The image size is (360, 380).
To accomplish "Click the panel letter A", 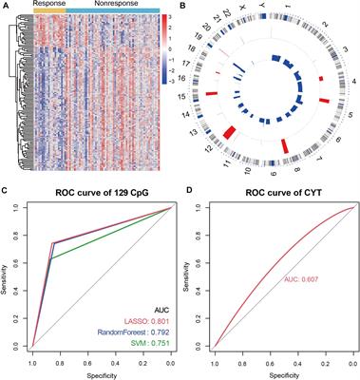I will click(6, 7).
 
